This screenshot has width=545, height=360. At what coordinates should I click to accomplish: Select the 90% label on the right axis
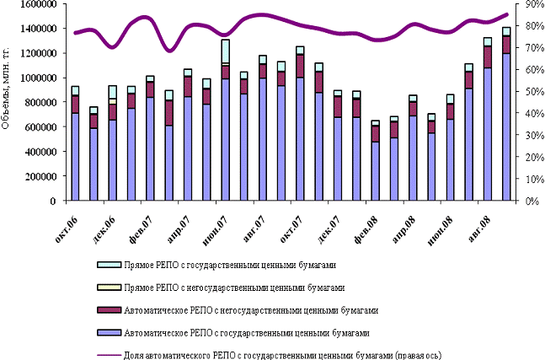[x=533, y=4]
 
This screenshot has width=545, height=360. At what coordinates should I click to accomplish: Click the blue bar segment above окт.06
[x=76, y=156]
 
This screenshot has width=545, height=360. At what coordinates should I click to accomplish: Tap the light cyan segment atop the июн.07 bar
[x=226, y=51]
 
